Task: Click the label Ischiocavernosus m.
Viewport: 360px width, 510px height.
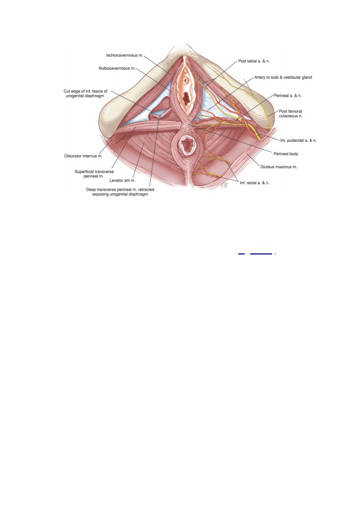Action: click(x=125, y=55)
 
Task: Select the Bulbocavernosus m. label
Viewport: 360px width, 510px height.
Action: click(x=117, y=69)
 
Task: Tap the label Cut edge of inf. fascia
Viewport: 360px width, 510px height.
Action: click(x=85, y=91)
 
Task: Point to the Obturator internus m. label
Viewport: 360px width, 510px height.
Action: click(x=83, y=156)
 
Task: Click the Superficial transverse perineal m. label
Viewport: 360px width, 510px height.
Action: click(x=94, y=174)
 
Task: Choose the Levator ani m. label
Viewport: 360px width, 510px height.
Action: click(x=122, y=180)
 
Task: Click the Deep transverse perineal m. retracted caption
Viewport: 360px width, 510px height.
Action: click(x=120, y=189)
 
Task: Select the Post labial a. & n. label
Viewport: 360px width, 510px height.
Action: click(x=254, y=61)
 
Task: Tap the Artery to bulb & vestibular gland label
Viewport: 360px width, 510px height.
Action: click(x=283, y=77)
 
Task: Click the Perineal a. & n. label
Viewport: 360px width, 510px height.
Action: click(x=287, y=96)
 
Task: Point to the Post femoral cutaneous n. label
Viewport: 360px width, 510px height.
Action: click(x=290, y=114)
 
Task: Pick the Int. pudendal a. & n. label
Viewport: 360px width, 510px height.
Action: click(x=298, y=140)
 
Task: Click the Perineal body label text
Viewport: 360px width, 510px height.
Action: click(x=286, y=154)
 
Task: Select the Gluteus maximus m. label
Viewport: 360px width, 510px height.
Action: click(x=279, y=167)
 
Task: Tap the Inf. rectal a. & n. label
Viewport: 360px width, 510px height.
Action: click(x=254, y=183)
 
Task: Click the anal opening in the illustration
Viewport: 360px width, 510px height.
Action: click(x=187, y=144)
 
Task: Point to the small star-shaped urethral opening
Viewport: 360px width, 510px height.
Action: click(x=185, y=79)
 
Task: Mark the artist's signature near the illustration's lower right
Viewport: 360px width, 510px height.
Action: click(x=225, y=184)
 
